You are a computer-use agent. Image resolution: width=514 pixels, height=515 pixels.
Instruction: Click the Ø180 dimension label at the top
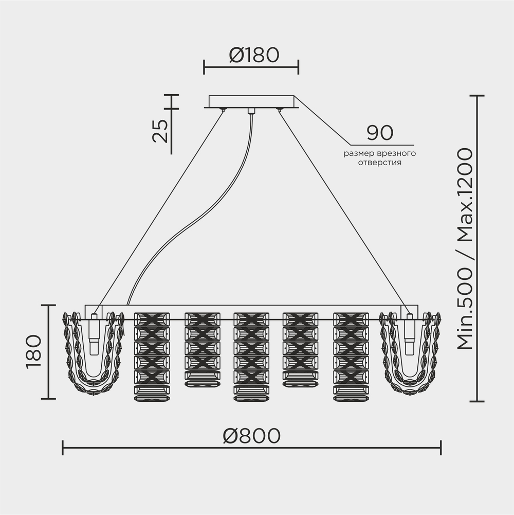[x=254, y=55]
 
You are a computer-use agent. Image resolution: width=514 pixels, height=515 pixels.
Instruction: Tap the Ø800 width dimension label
[x=252, y=436]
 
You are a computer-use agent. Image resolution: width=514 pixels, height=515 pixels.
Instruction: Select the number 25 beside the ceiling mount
[x=160, y=130]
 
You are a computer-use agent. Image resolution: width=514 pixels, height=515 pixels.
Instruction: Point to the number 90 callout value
[x=380, y=133]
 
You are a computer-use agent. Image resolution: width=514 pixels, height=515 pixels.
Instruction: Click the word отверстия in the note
[x=380, y=163]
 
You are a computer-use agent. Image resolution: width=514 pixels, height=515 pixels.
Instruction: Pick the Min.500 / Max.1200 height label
[x=465, y=248]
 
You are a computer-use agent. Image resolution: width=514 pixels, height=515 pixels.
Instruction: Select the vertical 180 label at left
[x=34, y=352]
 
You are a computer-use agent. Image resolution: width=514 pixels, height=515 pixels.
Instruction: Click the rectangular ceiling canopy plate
[x=251, y=101]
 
